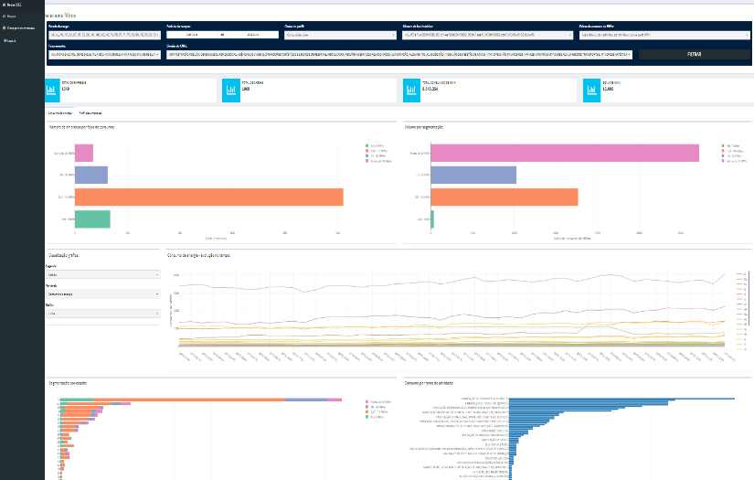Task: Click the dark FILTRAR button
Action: (694, 54)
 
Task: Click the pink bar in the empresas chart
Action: (83, 153)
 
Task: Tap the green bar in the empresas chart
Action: (91, 219)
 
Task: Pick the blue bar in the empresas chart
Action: (90, 175)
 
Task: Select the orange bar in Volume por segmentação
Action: (504, 197)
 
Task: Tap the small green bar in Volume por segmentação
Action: (432, 219)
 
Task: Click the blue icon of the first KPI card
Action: (52, 91)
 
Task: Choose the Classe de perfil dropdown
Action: (340, 36)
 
